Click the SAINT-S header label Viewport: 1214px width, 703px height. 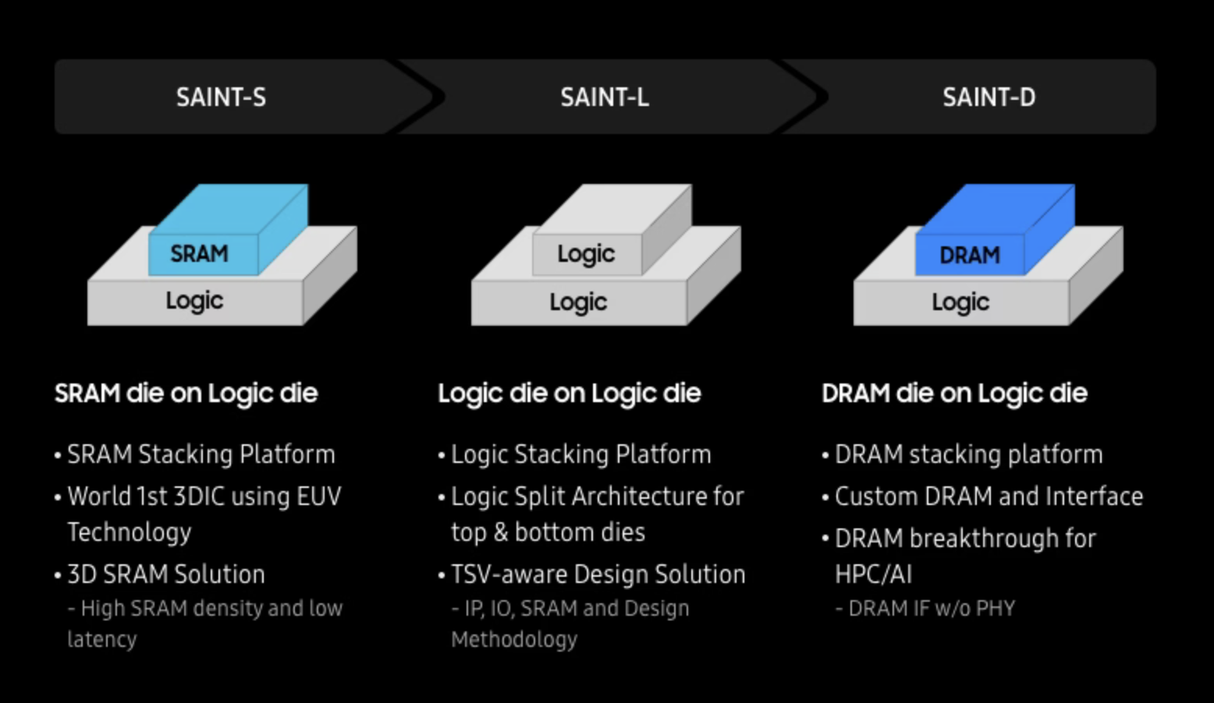click(221, 97)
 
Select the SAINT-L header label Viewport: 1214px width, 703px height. click(605, 97)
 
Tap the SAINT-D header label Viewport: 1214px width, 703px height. click(989, 97)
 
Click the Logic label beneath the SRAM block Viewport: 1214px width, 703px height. click(194, 301)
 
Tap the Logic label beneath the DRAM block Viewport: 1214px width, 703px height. click(961, 302)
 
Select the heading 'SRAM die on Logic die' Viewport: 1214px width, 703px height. click(186, 394)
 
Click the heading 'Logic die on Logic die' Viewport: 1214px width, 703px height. click(570, 394)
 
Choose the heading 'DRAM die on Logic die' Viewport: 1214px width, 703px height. click(954, 394)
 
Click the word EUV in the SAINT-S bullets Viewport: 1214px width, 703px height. click(319, 496)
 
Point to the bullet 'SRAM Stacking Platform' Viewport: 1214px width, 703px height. click(201, 454)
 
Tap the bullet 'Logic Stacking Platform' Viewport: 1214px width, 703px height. click(581, 454)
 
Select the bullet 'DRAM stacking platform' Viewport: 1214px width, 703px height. click(968, 454)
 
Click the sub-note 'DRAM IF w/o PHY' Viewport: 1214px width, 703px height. click(925, 609)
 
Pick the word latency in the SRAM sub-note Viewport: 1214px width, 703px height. click(102, 640)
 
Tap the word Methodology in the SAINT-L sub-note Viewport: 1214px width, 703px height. click(514, 640)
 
